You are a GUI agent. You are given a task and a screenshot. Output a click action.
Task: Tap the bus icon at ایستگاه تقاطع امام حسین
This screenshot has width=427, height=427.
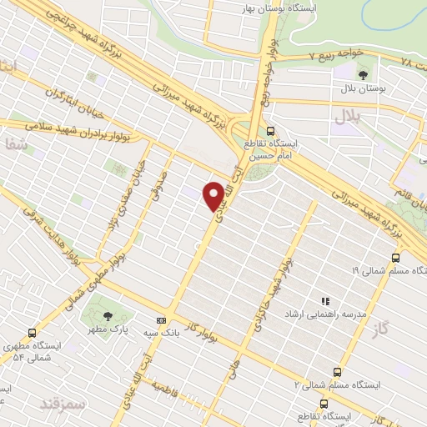(269, 131)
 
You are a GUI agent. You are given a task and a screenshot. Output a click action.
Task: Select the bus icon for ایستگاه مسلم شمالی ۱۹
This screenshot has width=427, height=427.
(395, 258)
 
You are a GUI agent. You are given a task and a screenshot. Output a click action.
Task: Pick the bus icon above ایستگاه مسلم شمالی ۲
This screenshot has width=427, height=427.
(337, 372)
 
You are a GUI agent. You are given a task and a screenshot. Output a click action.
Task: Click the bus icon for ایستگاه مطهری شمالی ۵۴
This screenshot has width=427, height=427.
(32, 332)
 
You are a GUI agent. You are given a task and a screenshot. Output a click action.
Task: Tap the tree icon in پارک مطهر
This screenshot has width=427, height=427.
(108, 315)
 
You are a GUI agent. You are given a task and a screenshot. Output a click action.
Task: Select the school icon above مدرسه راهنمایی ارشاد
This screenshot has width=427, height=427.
(325, 301)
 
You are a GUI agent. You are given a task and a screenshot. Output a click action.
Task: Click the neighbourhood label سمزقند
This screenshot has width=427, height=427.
(63, 403)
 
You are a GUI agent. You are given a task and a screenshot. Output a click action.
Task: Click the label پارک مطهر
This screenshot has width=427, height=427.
(108, 331)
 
